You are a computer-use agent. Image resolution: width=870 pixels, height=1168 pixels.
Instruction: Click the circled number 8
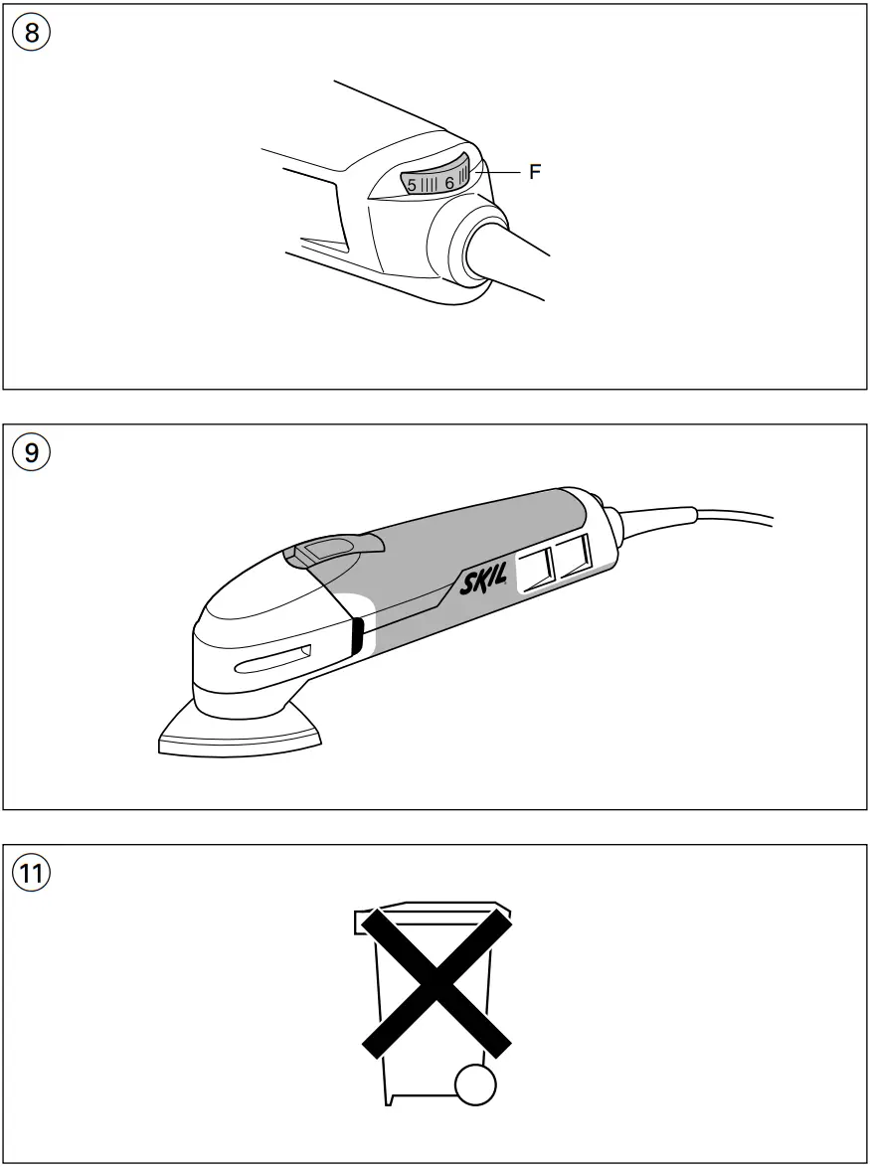32,32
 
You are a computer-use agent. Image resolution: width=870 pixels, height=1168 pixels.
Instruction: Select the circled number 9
32,452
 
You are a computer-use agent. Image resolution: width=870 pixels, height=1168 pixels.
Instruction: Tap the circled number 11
32,873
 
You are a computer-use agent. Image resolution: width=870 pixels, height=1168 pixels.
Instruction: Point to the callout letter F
535,172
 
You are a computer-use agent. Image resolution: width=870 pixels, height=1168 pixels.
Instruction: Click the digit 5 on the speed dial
412,184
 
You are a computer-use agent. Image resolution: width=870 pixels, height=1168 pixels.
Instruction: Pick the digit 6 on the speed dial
449,183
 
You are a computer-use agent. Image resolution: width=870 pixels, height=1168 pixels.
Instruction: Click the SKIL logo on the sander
484,581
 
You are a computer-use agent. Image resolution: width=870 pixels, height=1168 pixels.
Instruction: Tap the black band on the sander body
355,636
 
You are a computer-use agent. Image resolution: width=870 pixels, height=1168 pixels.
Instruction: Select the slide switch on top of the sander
331,546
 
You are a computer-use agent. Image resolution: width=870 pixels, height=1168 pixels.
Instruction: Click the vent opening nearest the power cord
574,555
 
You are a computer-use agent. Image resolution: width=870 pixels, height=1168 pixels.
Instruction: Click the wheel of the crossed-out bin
475,1085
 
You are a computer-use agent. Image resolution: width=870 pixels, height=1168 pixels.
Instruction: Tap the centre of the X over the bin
435,981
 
